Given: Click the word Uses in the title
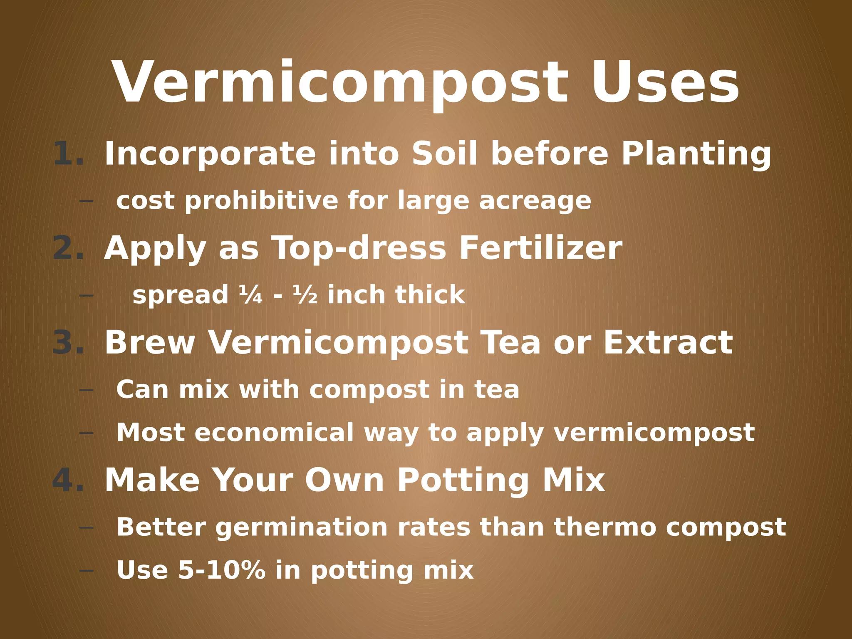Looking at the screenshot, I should tap(665, 82).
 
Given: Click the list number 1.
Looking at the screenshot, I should tap(68, 154).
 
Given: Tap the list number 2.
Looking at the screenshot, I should tap(68, 248).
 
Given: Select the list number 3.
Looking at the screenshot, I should tap(68, 342).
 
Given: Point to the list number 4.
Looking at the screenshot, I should tap(68, 479).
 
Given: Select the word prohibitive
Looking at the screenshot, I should tap(261, 201).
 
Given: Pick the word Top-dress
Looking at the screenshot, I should tap(359, 249).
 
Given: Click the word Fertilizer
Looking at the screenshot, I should tap(540, 248).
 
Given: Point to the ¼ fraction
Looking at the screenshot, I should tap(251, 295).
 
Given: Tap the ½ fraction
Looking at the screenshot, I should tap(305, 295).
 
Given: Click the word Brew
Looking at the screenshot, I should tap(150, 342).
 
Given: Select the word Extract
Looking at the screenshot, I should tap(668, 342).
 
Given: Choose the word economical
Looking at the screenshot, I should tap(274, 432).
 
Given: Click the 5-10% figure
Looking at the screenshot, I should tap(222, 570).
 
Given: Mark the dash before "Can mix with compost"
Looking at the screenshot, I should tap(86, 390).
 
